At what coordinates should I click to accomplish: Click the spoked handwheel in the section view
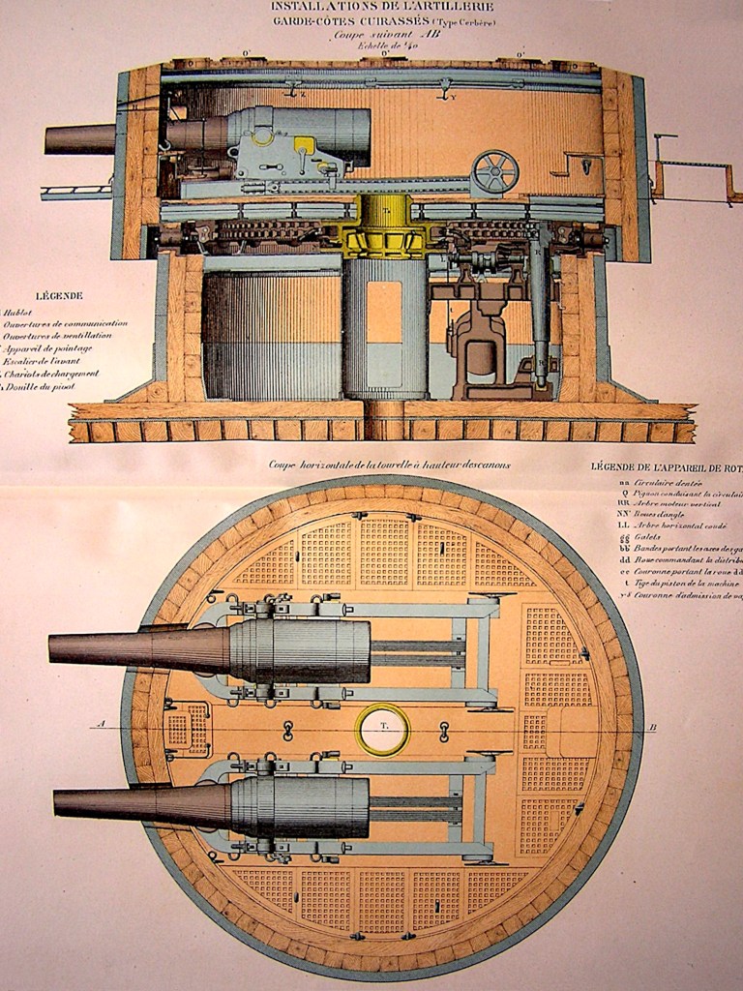click(494, 172)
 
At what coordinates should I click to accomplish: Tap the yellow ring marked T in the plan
click(382, 729)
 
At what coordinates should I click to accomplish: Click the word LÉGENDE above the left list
click(59, 295)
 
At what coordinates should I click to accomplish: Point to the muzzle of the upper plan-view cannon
click(52, 648)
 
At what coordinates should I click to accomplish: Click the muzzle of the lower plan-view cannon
click(57, 803)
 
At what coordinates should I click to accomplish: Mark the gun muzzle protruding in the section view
click(48, 138)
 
